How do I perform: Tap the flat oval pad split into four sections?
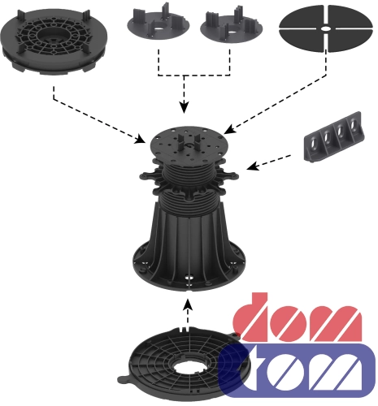pyautogui.click(x=326, y=28)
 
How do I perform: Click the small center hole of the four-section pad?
pyautogui.click(x=326, y=28)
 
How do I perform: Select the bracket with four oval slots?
pyautogui.click(x=334, y=137)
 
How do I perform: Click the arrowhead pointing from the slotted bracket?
pyautogui.click(x=252, y=166)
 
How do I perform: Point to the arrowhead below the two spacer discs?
pyautogui.click(x=185, y=107)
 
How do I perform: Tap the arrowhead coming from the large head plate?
pyautogui.click(x=141, y=139)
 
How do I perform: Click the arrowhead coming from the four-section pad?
pyautogui.click(x=228, y=129)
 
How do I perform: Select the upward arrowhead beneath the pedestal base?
pyautogui.click(x=188, y=304)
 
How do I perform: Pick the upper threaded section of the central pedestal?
pyautogui.click(x=189, y=172)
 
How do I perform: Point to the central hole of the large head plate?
pyautogui.click(x=52, y=35)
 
